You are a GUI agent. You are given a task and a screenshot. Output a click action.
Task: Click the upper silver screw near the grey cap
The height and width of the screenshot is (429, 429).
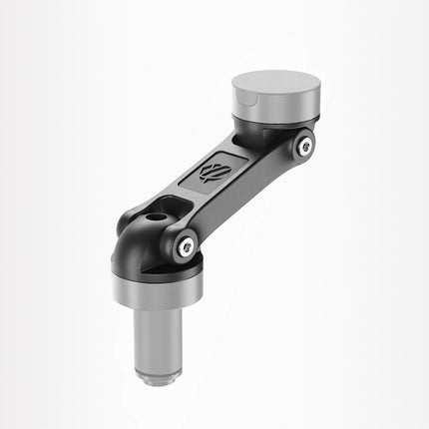305,147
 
